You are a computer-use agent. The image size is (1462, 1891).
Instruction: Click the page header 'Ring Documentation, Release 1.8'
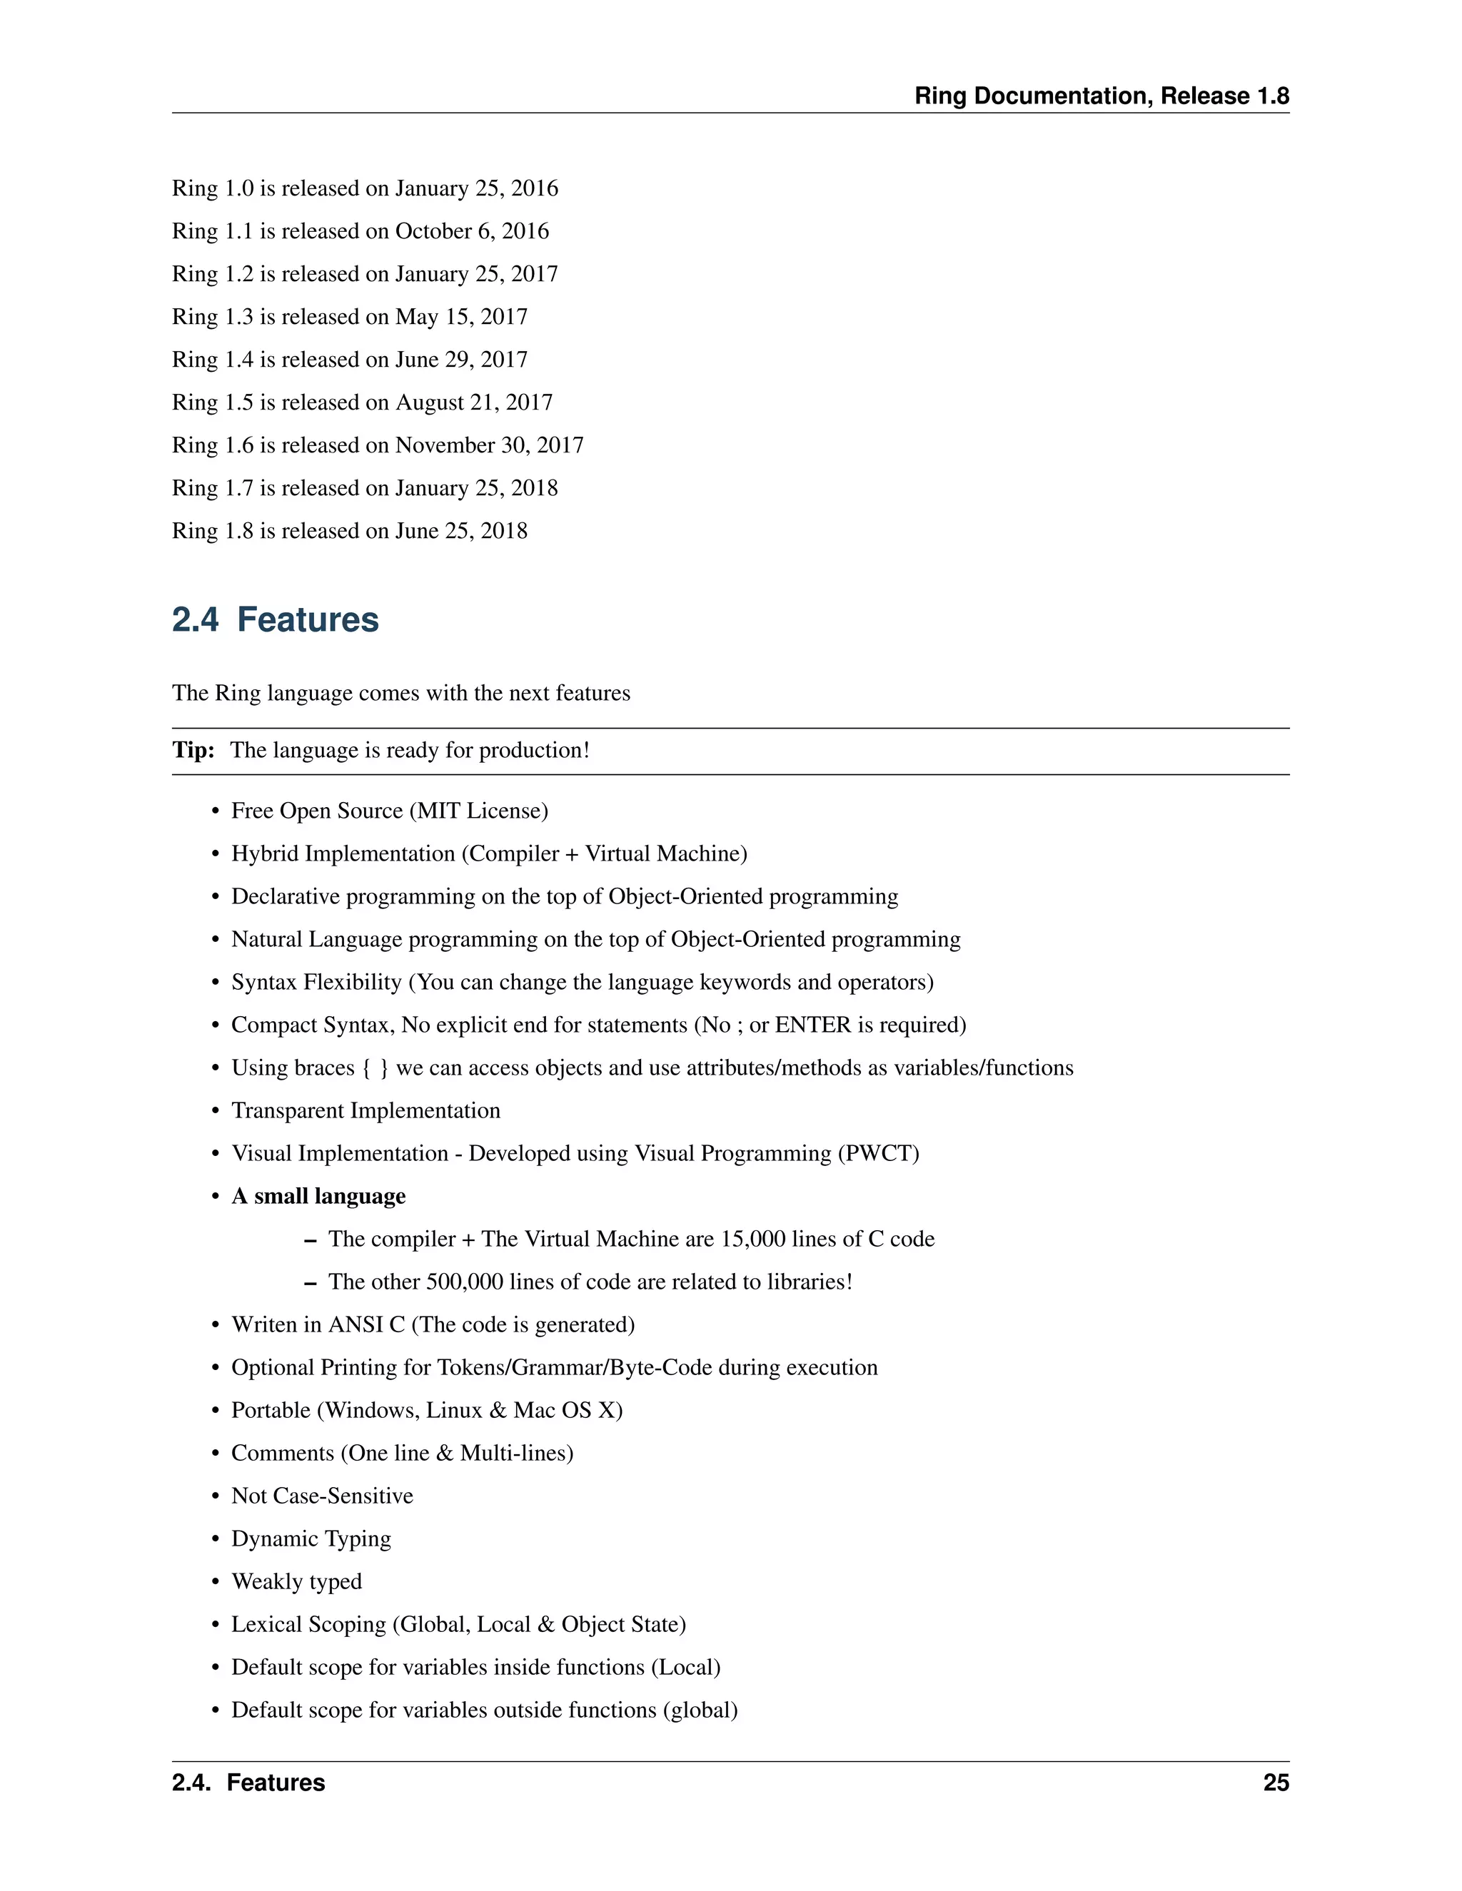[1101, 96]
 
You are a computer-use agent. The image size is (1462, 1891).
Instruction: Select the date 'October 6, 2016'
[472, 231]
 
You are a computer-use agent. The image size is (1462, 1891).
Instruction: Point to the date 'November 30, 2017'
[489, 445]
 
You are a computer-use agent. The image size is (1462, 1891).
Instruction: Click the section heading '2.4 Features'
[275, 620]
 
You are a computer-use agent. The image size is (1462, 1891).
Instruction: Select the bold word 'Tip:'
[193, 750]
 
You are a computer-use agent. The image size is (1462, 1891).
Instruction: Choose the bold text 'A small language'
[318, 1196]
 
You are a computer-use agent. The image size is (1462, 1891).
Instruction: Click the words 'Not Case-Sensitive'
[322, 1496]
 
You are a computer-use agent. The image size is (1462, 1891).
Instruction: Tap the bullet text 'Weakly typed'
[296, 1582]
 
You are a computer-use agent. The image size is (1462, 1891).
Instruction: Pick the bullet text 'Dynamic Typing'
[311, 1538]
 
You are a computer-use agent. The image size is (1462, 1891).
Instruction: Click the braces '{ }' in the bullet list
[375, 1068]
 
